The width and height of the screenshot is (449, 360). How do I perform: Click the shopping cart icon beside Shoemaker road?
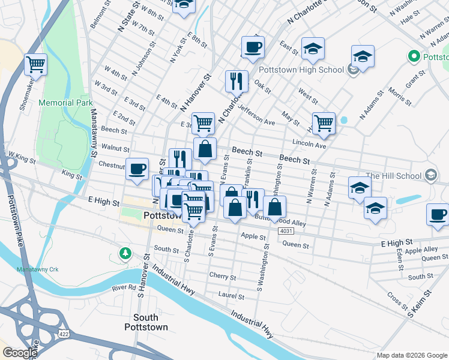point(35,64)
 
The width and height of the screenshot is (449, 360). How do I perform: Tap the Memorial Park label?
point(65,103)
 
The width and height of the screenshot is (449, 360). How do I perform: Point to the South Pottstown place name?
point(146,322)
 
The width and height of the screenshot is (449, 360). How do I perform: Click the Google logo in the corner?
point(20,353)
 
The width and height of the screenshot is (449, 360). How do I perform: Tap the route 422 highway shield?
point(62,332)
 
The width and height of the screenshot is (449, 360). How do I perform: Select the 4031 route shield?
point(286,230)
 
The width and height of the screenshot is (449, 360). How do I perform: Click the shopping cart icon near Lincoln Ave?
point(324,122)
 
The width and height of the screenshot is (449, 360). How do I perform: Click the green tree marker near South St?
point(125,253)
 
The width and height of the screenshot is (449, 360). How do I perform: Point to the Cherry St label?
point(222,277)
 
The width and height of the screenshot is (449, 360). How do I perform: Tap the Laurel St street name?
point(231,296)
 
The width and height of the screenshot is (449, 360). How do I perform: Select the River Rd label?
point(125,288)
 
